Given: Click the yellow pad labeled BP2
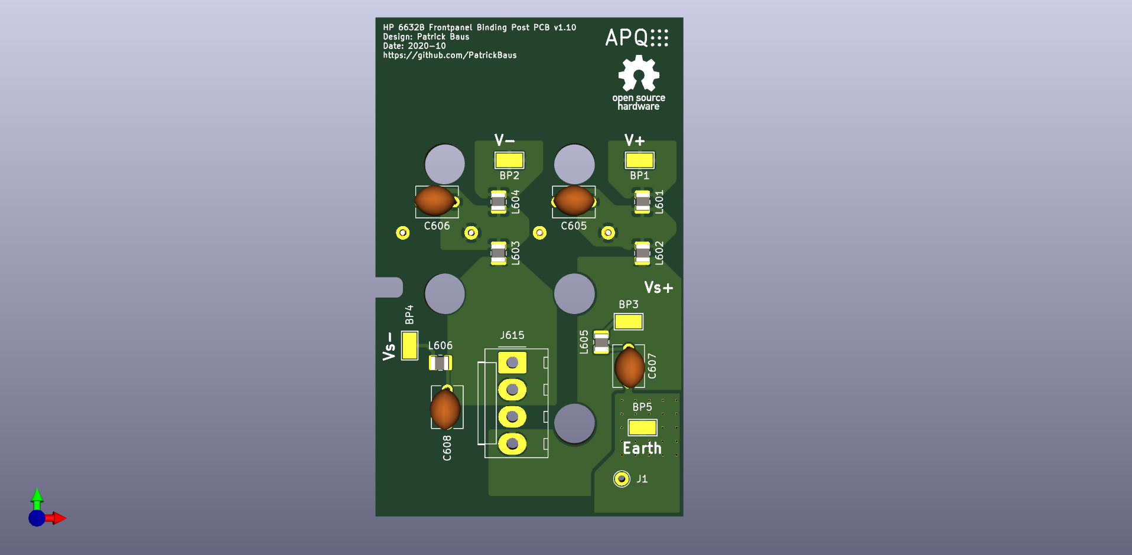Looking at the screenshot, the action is [509, 160].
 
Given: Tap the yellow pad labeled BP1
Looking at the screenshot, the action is [639, 160].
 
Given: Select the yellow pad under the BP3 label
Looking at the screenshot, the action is [629, 322].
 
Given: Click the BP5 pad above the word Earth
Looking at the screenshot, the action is [642, 427].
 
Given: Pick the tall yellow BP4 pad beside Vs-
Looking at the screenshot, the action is [409, 345].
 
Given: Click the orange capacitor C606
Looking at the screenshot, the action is [435, 201].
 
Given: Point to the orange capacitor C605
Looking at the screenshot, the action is [574, 200].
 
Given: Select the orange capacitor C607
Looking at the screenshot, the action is [630, 367].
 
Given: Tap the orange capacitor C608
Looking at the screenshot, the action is [445, 409].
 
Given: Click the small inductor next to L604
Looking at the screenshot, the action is [499, 202].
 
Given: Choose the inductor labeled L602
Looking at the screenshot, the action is [642, 253].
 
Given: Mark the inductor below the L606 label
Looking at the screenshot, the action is [440, 363].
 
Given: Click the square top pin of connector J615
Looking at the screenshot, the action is [512, 363].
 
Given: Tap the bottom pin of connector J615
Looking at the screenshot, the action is [512, 443].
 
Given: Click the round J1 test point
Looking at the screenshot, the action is [622, 479].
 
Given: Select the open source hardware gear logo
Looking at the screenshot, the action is [639, 73].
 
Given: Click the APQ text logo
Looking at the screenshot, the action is [636, 38].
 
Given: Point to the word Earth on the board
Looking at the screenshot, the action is [642, 448].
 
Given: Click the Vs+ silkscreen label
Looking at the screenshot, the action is [659, 288].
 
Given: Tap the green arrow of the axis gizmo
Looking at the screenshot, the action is [37, 498].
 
